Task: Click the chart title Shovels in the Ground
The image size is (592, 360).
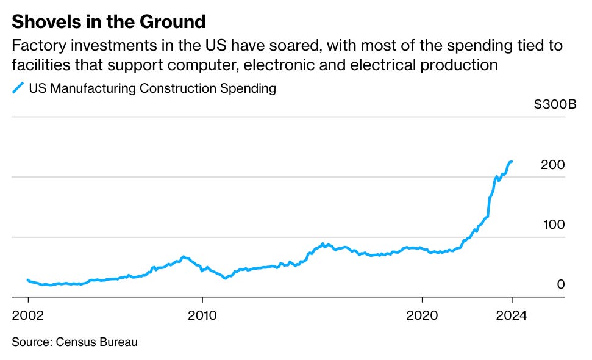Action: click(x=109, y=21)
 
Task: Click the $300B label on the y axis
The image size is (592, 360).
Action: click(x=555, y=104)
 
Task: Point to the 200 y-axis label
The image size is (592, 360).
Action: click(x=553, y=164)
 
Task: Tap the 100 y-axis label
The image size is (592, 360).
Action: click(x=554, y=225)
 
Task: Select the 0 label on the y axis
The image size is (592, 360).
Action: click(x=561, y=284)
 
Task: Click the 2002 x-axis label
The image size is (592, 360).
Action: click(x=28, y=315)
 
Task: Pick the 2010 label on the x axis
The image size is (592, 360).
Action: click(x=202, y=315)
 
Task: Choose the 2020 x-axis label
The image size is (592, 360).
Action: click(x=422, y=315)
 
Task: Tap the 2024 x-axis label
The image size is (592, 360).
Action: click(x=512, y=315)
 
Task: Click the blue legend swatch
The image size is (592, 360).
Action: click(x=18, y=88)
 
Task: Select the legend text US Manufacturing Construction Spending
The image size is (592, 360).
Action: click(x=152, y=88)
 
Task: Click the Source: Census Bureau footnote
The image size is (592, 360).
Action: click(x=75, y=342)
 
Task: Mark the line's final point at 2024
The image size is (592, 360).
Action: click(x=512, y=162)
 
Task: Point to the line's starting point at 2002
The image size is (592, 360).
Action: click(x=28, y=280)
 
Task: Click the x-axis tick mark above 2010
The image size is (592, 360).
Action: click(x=202, y=300)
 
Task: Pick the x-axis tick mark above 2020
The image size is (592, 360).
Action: click(x=422, y=300)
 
